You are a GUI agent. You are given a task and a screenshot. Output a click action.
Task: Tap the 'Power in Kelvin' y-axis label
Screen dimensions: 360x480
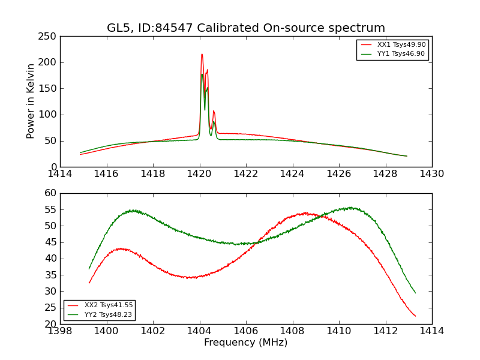pos(31,101)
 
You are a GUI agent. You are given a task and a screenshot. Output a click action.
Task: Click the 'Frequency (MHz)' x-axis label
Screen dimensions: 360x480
pos(245,343)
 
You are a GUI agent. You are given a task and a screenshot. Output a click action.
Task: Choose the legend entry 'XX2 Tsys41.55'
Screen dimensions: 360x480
pos(108,305)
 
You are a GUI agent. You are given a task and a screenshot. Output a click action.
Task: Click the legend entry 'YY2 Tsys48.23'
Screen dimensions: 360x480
pos(108,314)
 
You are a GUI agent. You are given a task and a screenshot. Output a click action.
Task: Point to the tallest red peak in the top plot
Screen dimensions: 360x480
pos(202,55)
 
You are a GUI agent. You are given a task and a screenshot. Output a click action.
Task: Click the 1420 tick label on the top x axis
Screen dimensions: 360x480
pos(199,174)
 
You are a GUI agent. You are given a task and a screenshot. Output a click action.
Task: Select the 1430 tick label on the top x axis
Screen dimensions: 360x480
pos(431,174)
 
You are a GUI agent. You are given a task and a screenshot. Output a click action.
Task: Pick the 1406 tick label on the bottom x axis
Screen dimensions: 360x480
pos(245,331)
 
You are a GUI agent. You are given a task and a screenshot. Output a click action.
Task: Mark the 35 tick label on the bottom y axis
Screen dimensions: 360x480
pos(50,275)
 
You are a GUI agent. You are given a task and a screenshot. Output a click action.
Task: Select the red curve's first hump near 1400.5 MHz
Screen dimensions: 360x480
pos(121,248)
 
